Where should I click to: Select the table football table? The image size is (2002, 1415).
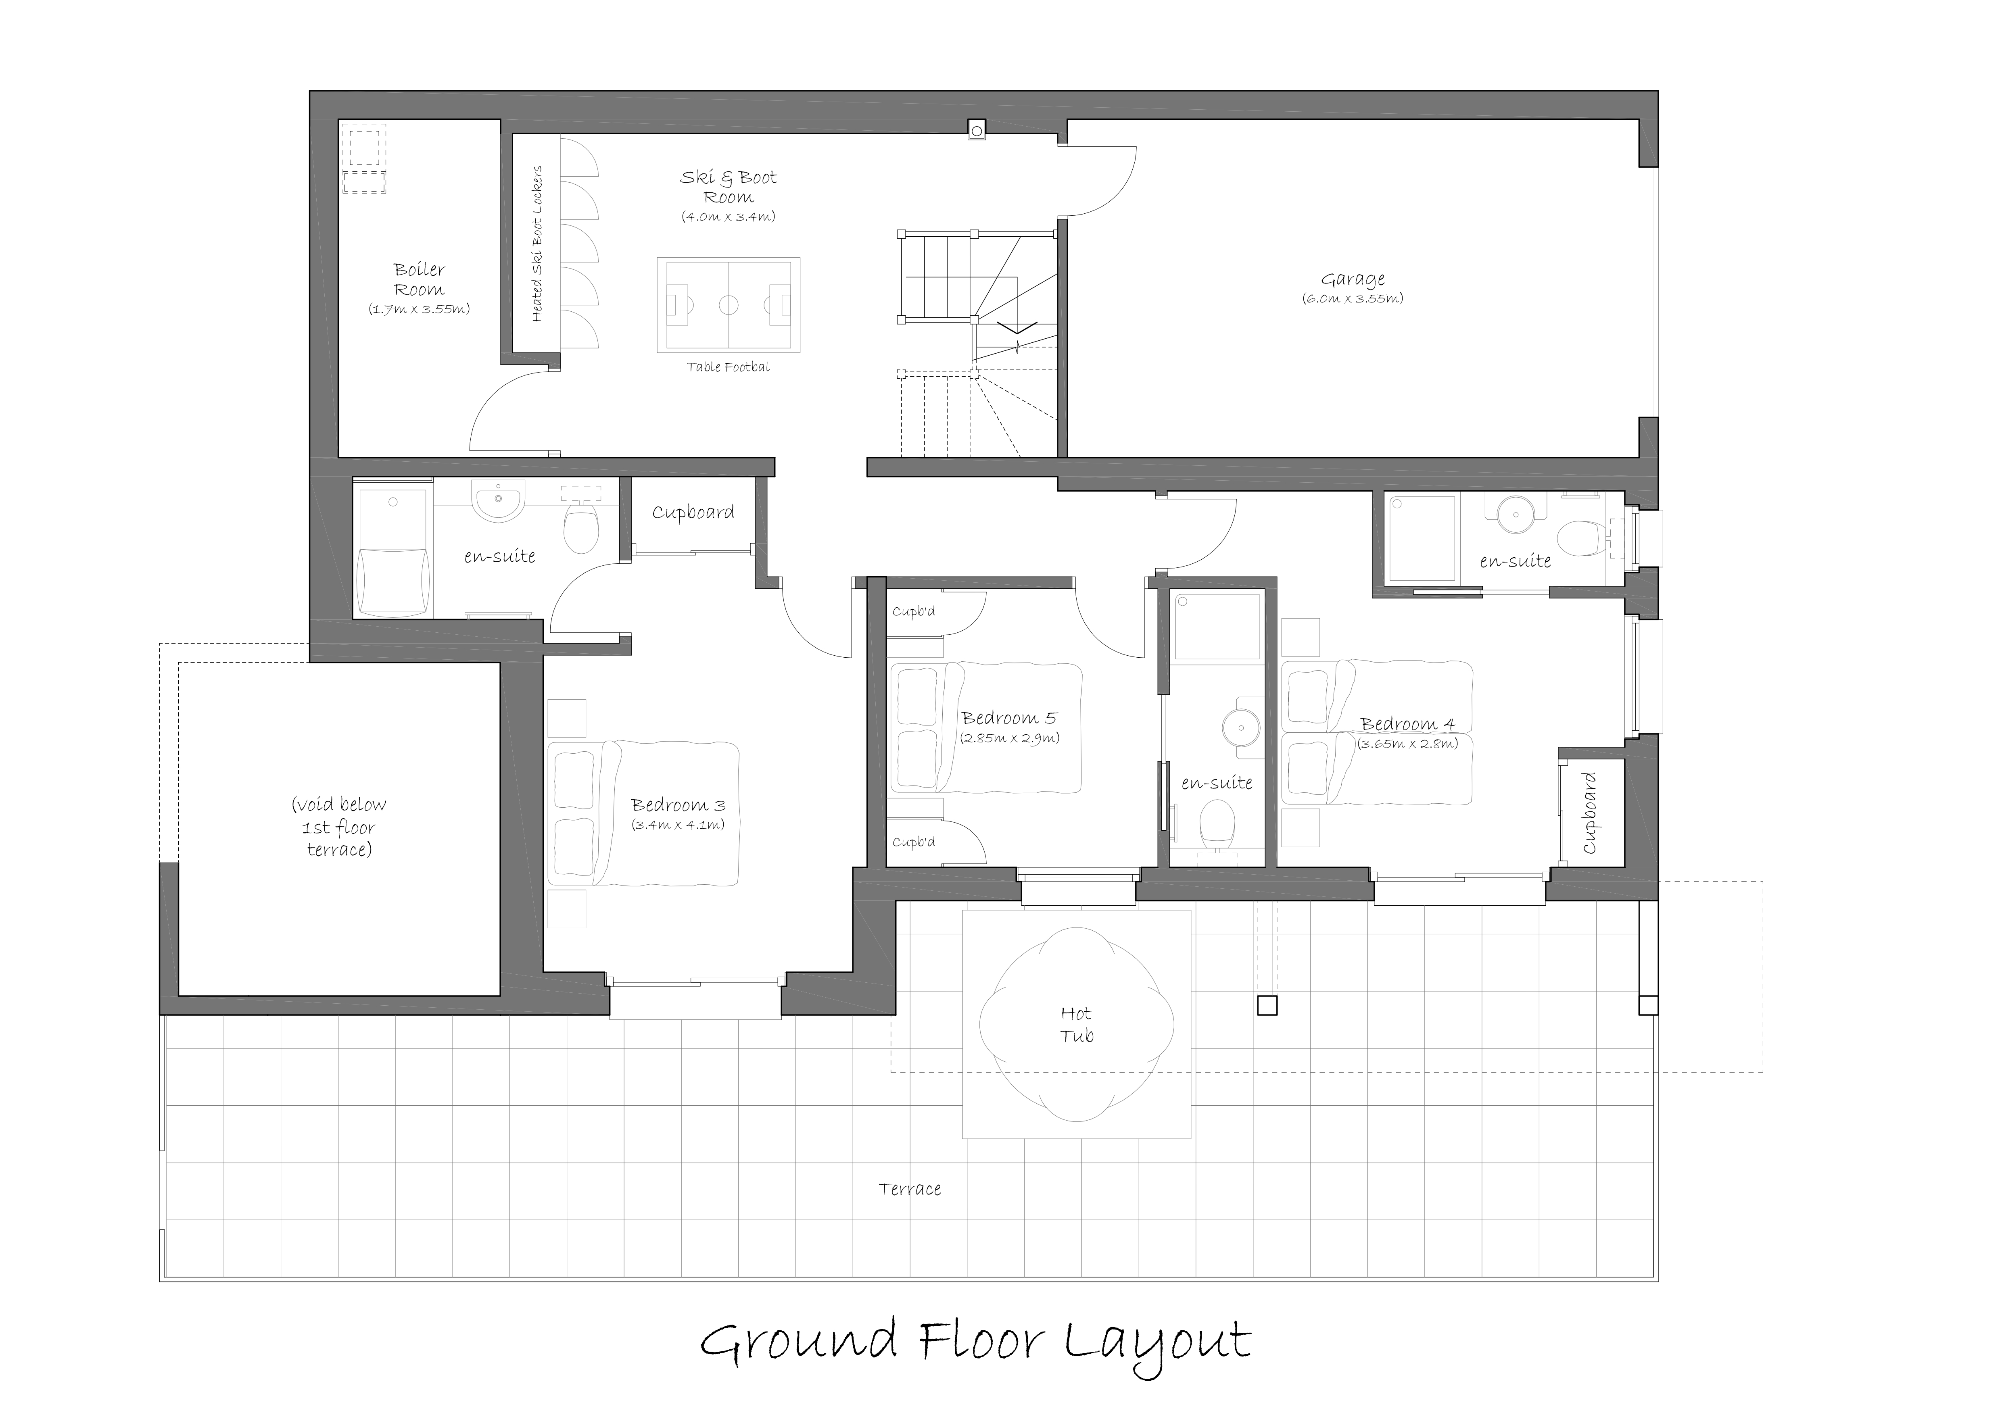728,305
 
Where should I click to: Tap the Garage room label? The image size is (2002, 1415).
1353,279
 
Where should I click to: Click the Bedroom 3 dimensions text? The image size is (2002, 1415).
678,825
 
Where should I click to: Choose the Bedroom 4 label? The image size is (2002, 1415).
1407,723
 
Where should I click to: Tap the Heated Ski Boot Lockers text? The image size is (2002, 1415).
537,244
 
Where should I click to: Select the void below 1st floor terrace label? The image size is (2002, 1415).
339,827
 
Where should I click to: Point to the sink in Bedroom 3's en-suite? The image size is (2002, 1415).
498,500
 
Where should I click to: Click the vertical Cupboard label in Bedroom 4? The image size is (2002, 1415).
1590,813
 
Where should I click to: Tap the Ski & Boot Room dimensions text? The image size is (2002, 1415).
728,216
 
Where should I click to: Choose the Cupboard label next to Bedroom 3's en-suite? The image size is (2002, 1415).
693,513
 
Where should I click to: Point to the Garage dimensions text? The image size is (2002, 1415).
1353,298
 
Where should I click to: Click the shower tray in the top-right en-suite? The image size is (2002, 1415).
1422,538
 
